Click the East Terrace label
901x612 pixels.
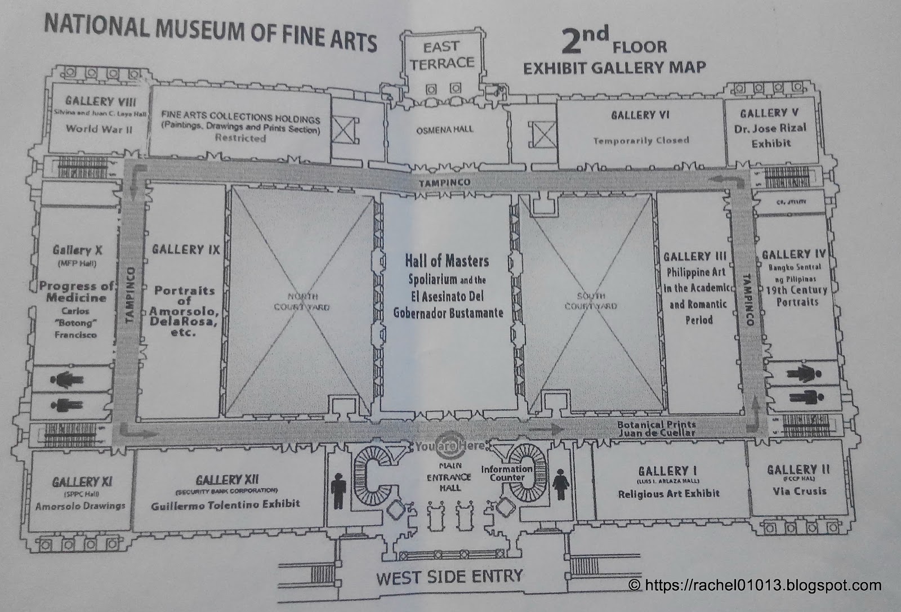(442, 55)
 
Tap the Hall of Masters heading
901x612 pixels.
(447, 261)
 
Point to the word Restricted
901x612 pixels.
(240, 138)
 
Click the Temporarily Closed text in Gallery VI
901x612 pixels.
(641, 140)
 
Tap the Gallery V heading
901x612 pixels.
(769, 113)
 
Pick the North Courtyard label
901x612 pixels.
(301, 302)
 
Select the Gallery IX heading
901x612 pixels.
(185, 249)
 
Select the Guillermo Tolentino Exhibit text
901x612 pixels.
(225, 504)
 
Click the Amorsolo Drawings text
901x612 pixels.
(81, 506)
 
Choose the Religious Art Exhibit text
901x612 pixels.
(668, 494)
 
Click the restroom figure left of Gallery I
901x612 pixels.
(561, 483)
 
